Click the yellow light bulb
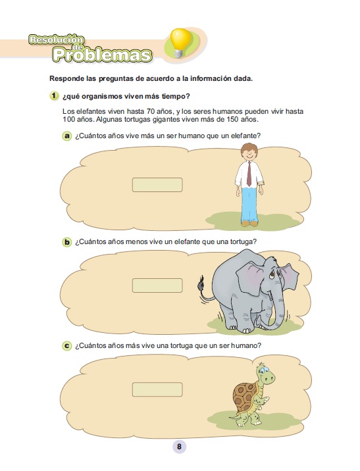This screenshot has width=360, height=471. [x=180, y=42]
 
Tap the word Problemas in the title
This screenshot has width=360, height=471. [x=102, y=55]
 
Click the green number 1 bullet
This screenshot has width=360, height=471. [x=54, y=96]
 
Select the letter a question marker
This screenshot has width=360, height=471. [x=66, y=136]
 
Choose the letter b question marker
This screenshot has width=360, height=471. [x=66, y=242]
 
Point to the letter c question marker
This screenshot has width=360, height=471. [x=66, y=346]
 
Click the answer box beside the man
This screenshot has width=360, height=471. [x=157, y=185]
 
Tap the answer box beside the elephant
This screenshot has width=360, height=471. [x=157, y=285]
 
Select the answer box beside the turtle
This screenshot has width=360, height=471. [x=157, y=389]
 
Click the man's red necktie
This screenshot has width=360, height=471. [x=249, y=174]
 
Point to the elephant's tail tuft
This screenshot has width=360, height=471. [x=201, y=284]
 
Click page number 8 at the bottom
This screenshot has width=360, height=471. [x=180, y=447]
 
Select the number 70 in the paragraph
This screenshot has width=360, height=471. [x=151, y=111]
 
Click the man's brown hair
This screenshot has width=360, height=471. [x=249, y=149]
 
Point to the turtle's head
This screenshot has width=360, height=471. [x=265, y=374]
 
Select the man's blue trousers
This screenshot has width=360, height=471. [x=249, y=205]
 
